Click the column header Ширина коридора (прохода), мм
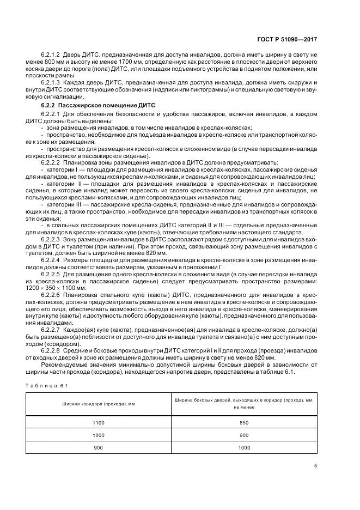click(x=94, y=403)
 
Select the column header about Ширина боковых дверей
click(x=243, y=403)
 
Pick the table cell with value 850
click(x=243, y=423)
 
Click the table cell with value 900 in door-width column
click(x=243, y=435)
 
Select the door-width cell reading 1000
click(x=243, y=448)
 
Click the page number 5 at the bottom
click(x=315, y=465)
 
